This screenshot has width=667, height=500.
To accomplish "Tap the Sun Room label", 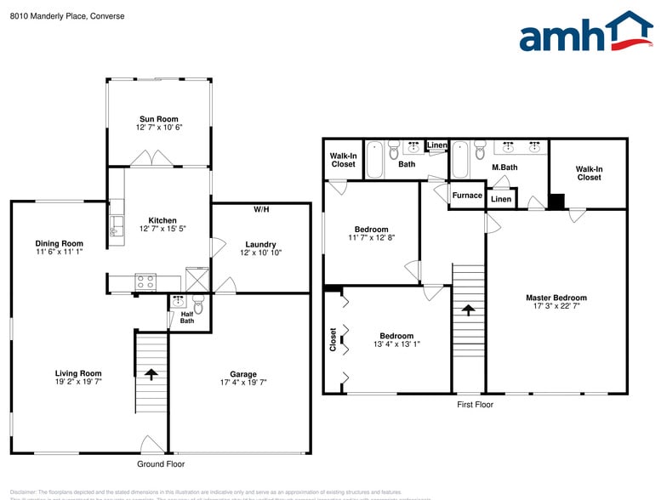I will point(159,118).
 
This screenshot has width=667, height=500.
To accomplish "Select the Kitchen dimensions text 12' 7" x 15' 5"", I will point(161,229).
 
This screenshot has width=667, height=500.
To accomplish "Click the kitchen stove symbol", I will point(145,281).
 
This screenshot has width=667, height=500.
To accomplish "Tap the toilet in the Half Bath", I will point(197,303).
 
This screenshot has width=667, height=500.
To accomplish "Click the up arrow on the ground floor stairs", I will point(151,373).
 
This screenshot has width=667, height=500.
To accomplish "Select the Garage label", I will point(242,373).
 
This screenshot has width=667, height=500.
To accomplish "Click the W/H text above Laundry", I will point(261,209).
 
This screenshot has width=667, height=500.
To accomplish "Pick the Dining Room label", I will point(59,243).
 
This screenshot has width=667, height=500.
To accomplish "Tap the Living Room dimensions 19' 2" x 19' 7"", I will point(78,383).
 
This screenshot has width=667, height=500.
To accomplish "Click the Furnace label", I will point(466,196).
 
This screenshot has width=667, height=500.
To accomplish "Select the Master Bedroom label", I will point(556,298).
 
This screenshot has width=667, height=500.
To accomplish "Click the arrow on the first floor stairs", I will point(467,310).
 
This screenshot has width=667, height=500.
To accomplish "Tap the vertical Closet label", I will point(333,340).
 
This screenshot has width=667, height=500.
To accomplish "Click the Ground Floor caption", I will point(161,464).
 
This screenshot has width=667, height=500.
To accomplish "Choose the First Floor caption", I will point(475,405).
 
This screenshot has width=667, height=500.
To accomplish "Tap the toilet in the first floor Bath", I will point(393,152).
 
